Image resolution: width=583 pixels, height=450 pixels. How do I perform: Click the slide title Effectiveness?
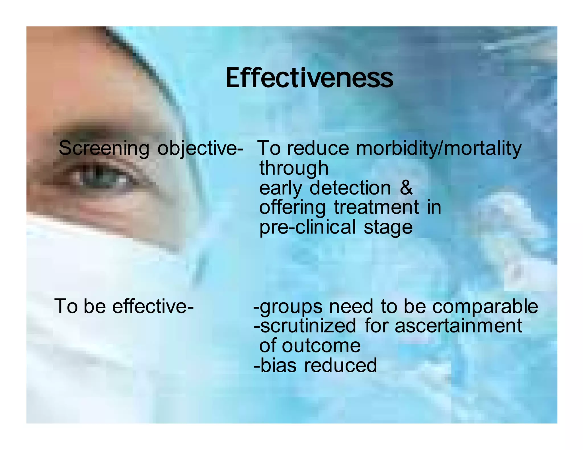coord(309,78)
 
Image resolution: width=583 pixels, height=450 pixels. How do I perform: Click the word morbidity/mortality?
coord(439,148)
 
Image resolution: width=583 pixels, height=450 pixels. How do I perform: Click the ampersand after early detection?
coord(406,188)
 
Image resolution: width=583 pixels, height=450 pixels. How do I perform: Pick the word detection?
coord(350,188)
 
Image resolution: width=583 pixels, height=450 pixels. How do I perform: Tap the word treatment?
coord(376,207)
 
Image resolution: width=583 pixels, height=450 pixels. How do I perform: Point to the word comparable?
coord(485,306)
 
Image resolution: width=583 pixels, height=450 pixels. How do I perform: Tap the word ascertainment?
coord(458,326)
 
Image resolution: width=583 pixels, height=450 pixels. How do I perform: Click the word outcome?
coord(321,346)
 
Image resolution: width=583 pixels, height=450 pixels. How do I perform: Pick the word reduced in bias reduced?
coord(340,365)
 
